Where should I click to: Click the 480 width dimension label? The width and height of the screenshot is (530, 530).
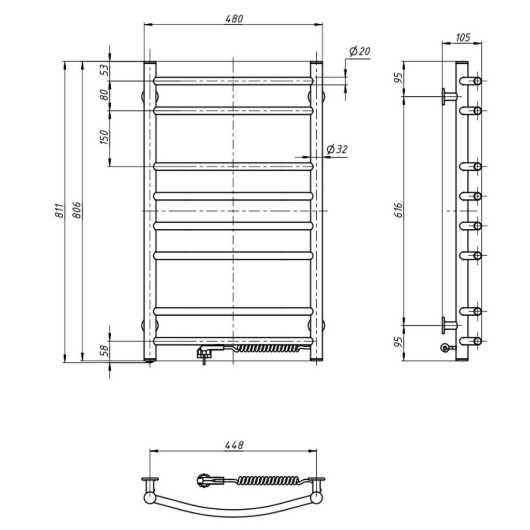(233, 18)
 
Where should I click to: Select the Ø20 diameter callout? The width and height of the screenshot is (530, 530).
(360, 51)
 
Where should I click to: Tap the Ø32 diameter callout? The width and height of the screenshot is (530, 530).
(337, 150)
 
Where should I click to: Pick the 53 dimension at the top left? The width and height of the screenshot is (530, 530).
(104, 70)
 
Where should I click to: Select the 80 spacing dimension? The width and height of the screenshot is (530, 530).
(104, 95)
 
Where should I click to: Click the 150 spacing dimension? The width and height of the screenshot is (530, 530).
(104, 137)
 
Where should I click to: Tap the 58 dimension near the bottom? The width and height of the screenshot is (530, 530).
(104, 351)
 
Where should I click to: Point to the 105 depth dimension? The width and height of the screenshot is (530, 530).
(462, 37)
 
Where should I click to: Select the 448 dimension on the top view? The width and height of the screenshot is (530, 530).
(233, 445)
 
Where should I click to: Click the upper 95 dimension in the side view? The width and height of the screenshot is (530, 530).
(398, 78)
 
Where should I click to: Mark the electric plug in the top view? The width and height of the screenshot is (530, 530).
(204, 481)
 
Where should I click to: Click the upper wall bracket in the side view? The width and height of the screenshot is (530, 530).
(448, 96)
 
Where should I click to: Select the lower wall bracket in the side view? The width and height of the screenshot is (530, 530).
(448, 325)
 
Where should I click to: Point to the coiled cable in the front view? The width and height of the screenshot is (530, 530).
(267, 348)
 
